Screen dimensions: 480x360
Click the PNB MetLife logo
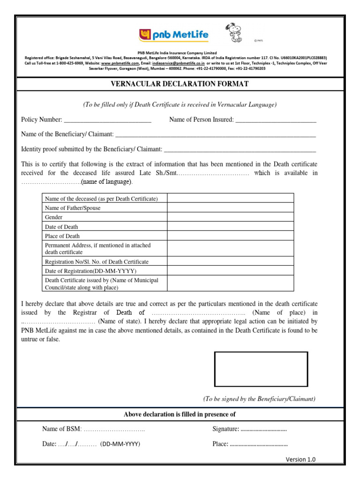(x=174, y=35)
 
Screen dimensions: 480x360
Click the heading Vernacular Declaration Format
(x=180, y=84)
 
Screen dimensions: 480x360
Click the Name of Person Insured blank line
(x=276, y=120)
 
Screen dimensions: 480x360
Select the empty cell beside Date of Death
(x=230, y=227)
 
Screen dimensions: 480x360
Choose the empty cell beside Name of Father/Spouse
(x=230, y=208)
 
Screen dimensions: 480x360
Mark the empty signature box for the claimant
(x=261, y=369)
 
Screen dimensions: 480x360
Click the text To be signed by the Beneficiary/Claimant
(x=259, y=399)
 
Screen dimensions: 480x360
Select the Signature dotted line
(x=263, y=429)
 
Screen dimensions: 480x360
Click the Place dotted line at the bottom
(x=259, y=444)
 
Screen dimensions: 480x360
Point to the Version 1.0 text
(x=300, y=459)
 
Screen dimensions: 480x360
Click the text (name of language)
(x=106, y=182)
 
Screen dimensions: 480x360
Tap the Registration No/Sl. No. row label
(x=97, y=262)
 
